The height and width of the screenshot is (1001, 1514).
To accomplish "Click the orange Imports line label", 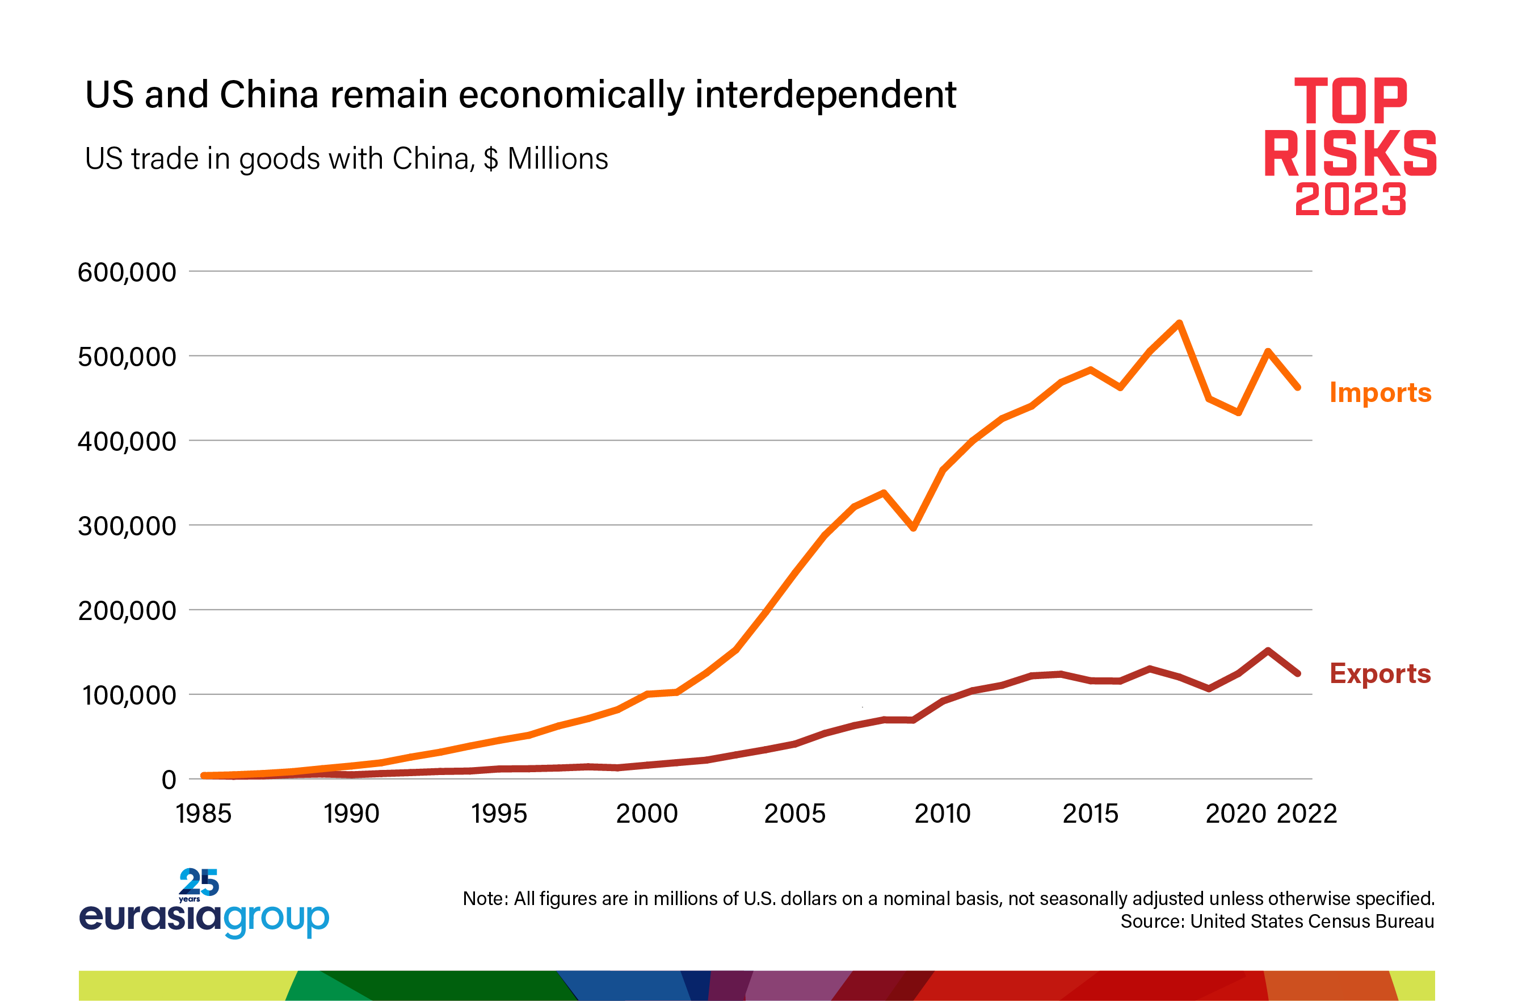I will (x=1380, y=392).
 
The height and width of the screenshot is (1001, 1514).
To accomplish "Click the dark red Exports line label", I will (x=1380, y=673).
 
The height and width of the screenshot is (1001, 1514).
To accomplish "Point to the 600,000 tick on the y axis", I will (x=127, y=273).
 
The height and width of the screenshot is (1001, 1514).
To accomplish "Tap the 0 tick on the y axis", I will (x=169, y=780).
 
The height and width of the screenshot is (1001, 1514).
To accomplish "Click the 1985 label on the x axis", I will (x=204, y=814).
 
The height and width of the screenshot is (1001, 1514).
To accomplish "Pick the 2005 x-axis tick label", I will (x=794, y=814).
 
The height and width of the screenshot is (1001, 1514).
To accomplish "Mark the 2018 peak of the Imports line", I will (x=1179, y=323).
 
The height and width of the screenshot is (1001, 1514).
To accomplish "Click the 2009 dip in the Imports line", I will (x=913, y=528).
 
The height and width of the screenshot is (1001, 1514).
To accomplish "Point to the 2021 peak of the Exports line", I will (x=1268, y=651).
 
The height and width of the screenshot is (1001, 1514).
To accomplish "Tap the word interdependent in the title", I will (x=826, y=95).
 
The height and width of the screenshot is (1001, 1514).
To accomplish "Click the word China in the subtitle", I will (x=431, y=159).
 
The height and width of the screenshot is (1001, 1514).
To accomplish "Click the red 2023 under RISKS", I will (x=1350, y=199).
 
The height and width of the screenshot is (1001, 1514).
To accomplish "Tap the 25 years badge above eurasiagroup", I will (x=199, y=885).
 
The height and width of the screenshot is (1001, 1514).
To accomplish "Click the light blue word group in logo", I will (x=276, y=919).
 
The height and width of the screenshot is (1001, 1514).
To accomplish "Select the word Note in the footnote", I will (x=484, y=899).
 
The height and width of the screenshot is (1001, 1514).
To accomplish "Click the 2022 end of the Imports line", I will (x=1298, y=387).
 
